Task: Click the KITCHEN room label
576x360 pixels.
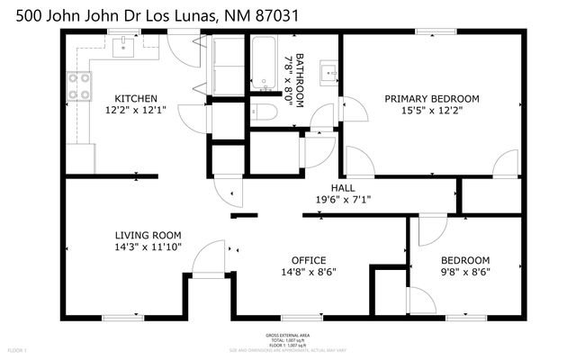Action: (136, 98)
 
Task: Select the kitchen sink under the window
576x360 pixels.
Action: (124, 46)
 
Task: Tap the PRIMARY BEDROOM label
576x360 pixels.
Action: (432, 98)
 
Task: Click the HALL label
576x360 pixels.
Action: (343, 187)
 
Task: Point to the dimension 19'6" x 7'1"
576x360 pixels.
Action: (343, 200)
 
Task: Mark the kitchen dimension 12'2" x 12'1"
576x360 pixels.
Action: (136, 111)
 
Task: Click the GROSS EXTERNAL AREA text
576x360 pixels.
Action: (287, 334)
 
